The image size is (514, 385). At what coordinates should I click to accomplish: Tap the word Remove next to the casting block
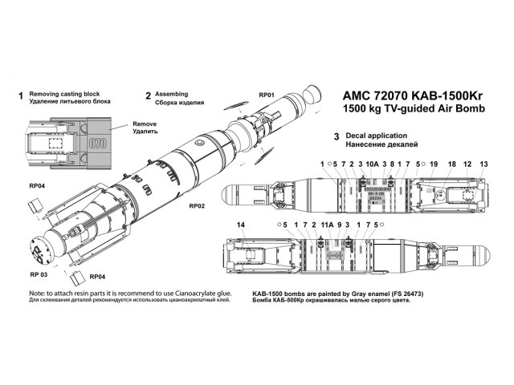point(145,125)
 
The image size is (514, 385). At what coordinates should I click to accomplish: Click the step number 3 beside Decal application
point(335,137)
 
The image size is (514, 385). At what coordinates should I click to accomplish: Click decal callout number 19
point(433,163)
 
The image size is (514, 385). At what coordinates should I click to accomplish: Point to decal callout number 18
point(451,163)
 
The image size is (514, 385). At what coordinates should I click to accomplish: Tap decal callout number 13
point(483,163)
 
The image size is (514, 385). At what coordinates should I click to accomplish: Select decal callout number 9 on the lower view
point(340,225)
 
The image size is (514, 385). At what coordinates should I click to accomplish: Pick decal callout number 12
point(467,163)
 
